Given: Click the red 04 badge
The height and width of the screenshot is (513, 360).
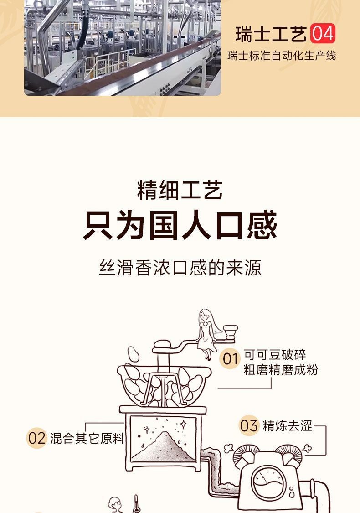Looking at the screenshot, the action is click(x=323, y=34).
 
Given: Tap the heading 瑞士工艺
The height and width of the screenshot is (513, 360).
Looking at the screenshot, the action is click(x=271, y=34).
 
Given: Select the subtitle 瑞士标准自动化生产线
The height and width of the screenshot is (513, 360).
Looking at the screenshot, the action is click(x=282, y=56).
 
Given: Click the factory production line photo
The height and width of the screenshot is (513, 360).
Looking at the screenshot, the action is click(x=123, y=48).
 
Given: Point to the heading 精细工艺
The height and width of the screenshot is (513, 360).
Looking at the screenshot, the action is click(x=180, y=190).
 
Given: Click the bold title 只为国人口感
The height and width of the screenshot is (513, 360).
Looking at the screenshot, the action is click(x=180, y=225).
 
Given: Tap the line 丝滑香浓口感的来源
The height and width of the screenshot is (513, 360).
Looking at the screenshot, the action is click(x=180, y=268).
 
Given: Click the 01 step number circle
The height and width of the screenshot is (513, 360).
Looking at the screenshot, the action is click(x=230, y=359).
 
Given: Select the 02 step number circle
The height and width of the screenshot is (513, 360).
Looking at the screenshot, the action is click(x=36, y=438).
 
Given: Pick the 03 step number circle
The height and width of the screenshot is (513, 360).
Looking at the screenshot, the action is click(x=249, y=425).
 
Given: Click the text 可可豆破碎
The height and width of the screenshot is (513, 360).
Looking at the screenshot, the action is click(x=275, y=355).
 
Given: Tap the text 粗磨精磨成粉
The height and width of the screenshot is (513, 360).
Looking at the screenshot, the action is click(x=281, y=370).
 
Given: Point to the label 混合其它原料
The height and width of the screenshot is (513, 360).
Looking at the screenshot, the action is click(x=87, y=438).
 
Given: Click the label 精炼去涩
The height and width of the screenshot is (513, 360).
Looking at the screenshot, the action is click(x=288, y=425).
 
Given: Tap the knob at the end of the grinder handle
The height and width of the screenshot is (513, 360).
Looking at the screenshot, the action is click(x=231, y=332).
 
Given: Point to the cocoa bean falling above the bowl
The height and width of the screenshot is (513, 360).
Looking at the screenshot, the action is click(x=133, y=354).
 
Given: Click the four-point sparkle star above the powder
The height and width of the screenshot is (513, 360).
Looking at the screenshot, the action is click(x=184, y=425).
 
